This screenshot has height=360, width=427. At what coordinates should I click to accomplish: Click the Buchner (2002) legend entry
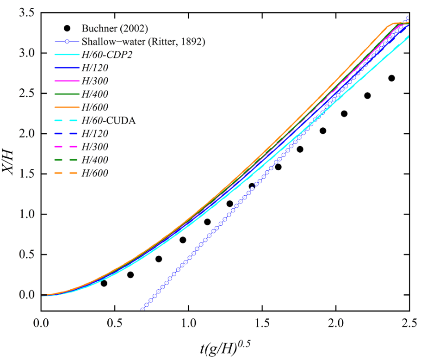pyautogui.click(x=106, y=27)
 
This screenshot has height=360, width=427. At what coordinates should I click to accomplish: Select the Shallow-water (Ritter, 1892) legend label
pyautogui.click(x=143, y=41)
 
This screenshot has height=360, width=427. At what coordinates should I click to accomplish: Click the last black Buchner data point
pyautogui.click(x=391, y=78)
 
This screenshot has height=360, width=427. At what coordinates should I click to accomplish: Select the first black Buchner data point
pyautogui.click(x=104, y=283)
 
